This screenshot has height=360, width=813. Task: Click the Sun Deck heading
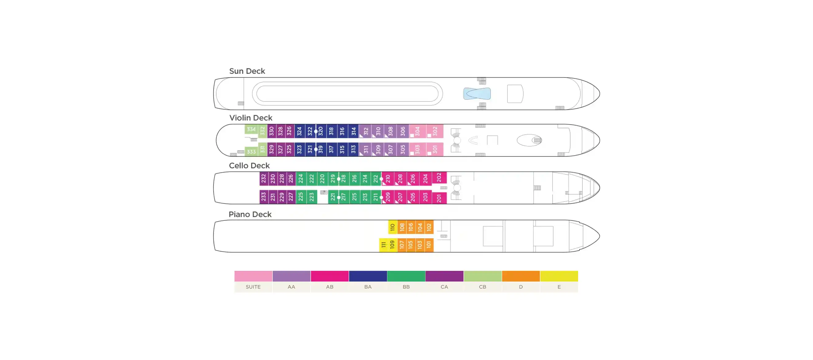[247, 71]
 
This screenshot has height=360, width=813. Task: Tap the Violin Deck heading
[251, 118]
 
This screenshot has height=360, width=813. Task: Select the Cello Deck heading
[249, 166]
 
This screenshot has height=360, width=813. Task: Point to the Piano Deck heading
[250, 214]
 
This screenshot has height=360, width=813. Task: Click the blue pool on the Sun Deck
[477, 94]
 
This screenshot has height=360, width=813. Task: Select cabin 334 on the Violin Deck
[251, 129]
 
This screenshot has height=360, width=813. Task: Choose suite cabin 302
[435, 131]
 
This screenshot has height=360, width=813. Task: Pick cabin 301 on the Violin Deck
[435, 149]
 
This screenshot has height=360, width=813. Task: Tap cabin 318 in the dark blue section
[331, 131]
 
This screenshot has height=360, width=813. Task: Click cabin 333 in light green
[251, 152]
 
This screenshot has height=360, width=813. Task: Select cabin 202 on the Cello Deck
[439, 177]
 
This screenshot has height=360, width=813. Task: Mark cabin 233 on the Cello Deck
[264, 197]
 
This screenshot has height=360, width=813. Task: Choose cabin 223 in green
[311, 197]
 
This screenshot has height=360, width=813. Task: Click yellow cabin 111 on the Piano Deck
[383, 245]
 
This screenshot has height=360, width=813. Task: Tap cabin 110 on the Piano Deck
[393, 227]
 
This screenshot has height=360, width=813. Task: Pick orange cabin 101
[429, 245]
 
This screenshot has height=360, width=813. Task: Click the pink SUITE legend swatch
[253, 276]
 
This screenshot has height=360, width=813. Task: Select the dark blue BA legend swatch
[368, 276]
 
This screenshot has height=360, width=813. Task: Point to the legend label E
[559, 287]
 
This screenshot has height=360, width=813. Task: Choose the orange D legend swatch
[521, 276]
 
